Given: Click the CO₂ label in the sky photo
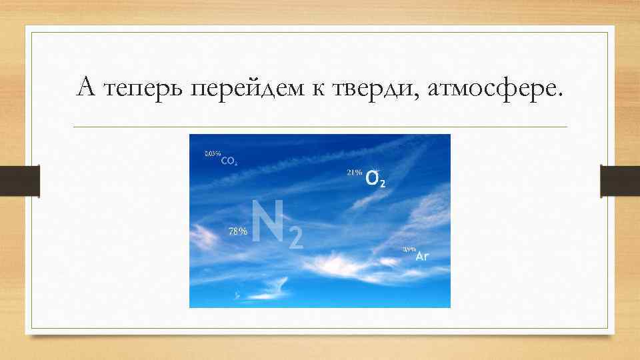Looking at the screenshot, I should pos(229,161).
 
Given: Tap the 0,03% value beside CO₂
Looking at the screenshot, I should pos(212,154).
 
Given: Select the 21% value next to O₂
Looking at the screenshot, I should pos(355,173).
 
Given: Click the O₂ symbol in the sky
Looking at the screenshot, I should pos(375,179).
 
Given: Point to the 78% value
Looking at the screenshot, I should pos(238,231).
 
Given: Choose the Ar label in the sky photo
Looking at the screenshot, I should pos(422,256).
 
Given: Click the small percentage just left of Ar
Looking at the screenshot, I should pos(409,250).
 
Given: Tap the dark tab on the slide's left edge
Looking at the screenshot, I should pos(30,181).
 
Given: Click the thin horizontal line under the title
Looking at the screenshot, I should pos(320,127).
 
